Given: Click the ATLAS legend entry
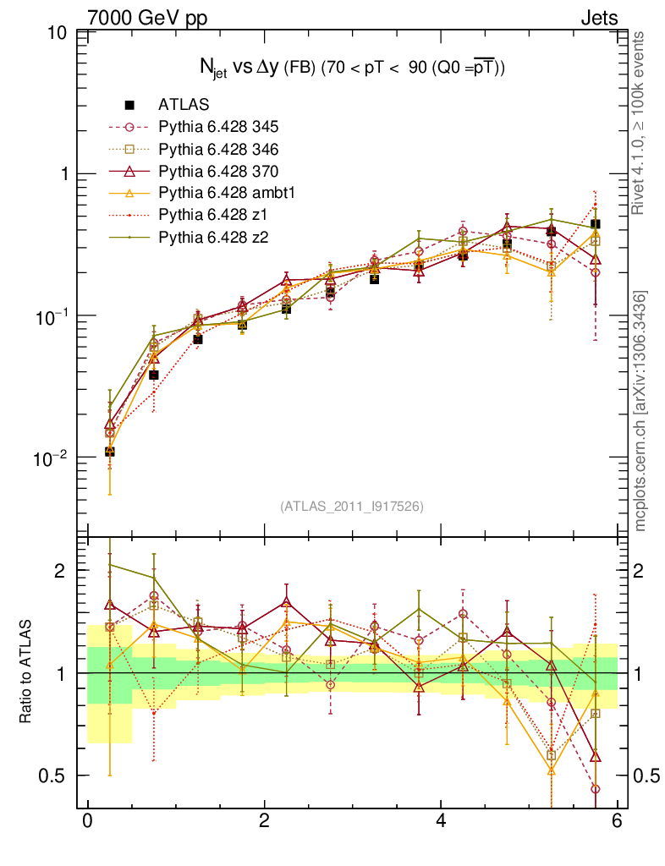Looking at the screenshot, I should pyautogui.click(x=184, y=105).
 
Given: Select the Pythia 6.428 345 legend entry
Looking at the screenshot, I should pyautogui.click(x=218, y=127).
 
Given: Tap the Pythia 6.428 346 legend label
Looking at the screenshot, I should pyautogui.click(x=218, y=149).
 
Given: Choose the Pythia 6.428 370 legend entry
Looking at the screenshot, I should pyautogui.click(x=218, y=171).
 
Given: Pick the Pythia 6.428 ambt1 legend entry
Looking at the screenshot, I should pyautogui.click(x=226, y=193).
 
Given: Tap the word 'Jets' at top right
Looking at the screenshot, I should pyautogui.click(x=598, y=17).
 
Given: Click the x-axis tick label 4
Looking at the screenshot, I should pyautogui.click(x=442, y=821).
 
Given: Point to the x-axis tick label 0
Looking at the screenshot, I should pyautogui.click(x=87, y=821).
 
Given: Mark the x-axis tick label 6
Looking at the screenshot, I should pyautogui.click(x=618, y=821).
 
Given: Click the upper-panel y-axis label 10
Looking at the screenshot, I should pyautogui.click(x=58, y=34).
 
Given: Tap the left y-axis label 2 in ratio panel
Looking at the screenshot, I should pyautogui.click(x=62, y=571).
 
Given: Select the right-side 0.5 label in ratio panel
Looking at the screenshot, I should pyautogui.click(x=646, y=776).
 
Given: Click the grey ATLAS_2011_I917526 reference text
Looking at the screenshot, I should pyautogui.click(x=352, y=506).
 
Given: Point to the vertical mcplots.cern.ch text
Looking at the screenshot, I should pyautogui.click(x=641, y=411).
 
